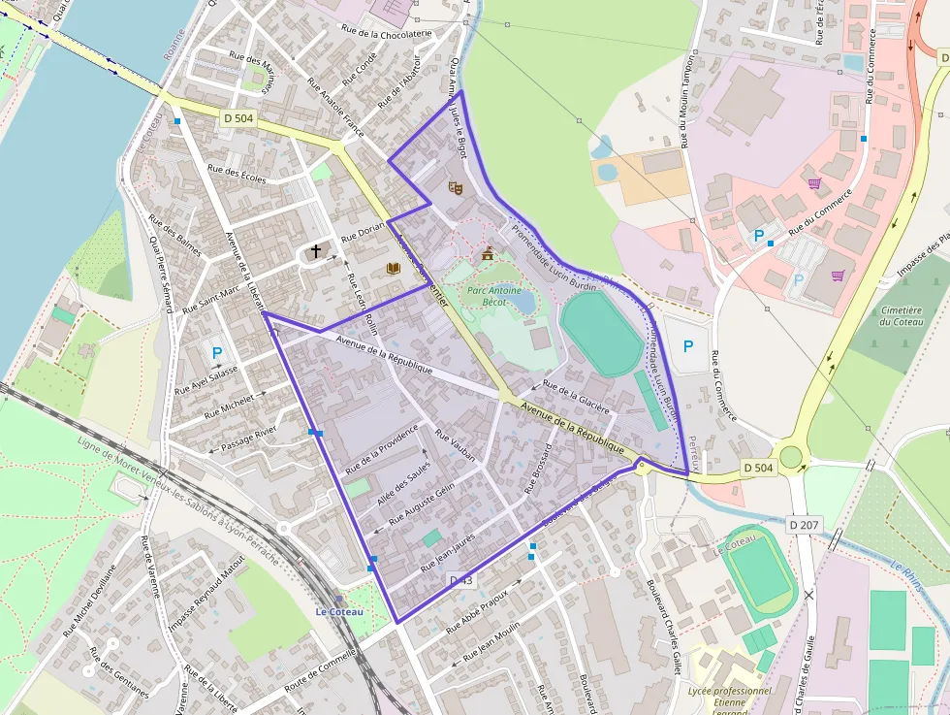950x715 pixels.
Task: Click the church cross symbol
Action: click(x=315, y=251)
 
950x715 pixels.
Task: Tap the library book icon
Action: click(x=393, y=268)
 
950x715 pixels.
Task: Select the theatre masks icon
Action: click(x=456, y=186)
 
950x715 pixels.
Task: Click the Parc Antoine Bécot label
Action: click(x=494, y=295)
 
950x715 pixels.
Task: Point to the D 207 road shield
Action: click(x=804, y=525)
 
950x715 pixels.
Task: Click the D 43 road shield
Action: click(x=462, y=580)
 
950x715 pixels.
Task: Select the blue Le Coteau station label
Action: click(x=339, y=612)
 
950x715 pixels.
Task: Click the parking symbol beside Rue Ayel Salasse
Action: click(x=217, y=353)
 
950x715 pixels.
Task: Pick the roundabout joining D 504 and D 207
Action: click(x=792, y=455)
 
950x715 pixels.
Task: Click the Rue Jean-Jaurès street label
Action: click(x=447, y=551)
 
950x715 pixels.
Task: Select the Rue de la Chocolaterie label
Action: click(x=386, y=32)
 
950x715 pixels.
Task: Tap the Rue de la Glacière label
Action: click(x=577, y=396)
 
